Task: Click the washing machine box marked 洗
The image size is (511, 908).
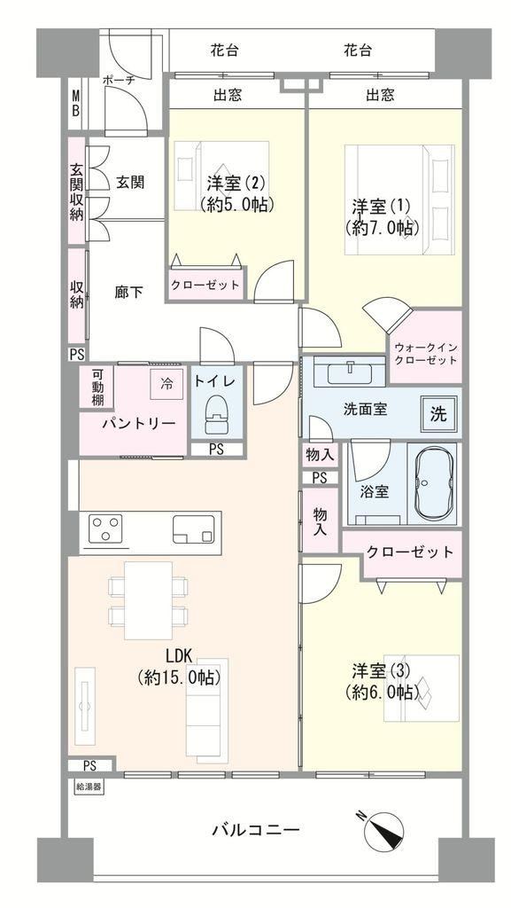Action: click(438, 413)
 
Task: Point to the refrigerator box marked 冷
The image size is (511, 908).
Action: click(166, 384)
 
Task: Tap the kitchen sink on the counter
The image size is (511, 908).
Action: click(193, 529)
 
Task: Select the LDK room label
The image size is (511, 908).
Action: click(179, 656)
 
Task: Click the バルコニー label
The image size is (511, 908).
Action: click(255, 830)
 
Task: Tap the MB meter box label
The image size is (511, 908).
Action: click(75, 103)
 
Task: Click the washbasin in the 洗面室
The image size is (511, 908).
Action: click(350, 372)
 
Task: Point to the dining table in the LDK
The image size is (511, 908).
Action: click(148, 600)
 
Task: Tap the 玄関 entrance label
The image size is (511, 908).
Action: click(129, 183)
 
